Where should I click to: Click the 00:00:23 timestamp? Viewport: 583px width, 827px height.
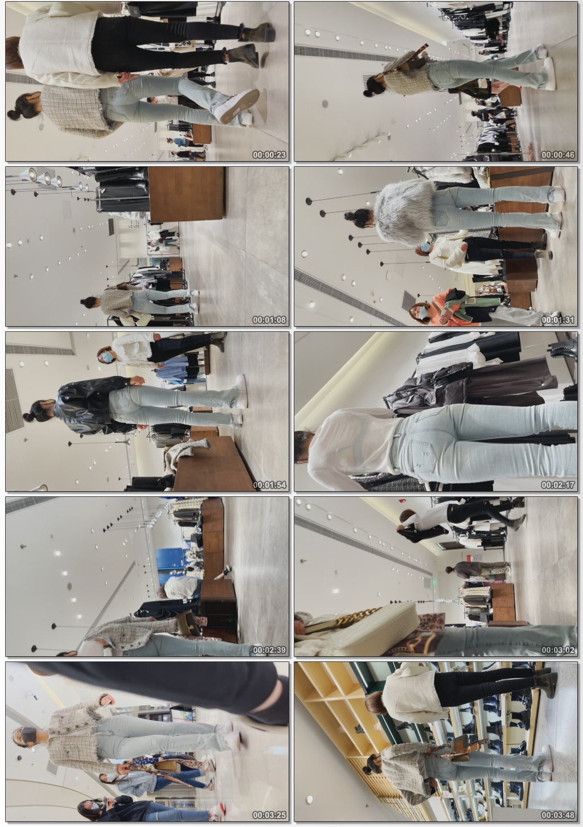tap(269, 155)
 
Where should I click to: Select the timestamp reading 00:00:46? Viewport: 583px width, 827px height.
tap(558, 155)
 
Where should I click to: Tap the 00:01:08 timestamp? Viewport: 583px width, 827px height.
tap(269, 320)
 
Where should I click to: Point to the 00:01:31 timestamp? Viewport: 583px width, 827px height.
tap(558, 320)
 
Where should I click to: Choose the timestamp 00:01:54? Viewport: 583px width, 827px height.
tap(269, 485)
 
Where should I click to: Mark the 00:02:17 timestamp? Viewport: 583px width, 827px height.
tap(558, 485)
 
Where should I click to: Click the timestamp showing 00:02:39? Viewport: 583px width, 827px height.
tap(269, 650)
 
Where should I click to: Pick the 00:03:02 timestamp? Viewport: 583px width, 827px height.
tap(558, 650)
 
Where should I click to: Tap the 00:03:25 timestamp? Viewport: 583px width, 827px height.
tap(269, 815)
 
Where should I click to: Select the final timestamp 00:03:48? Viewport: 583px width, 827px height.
tap(558, 815)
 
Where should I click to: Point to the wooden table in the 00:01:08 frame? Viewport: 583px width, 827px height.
tap(186, 195)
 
